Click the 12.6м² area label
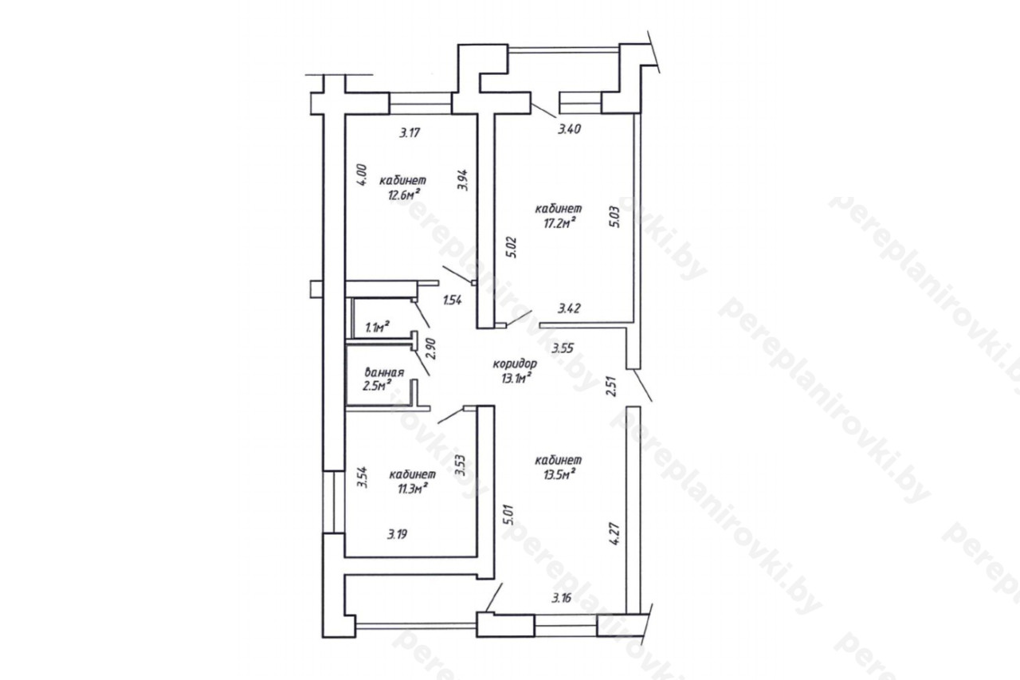coord(403,195)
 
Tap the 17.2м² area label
coord(559,223)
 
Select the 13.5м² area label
coord(559,474)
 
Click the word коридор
coord(515,364)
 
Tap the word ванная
coord(384,372)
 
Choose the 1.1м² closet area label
coord(377,327)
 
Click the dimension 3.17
coord(410,132)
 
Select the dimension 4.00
coord(361,175)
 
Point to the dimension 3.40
coord(569,129)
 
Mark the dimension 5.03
coord(614,218)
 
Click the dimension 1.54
coord(453,300)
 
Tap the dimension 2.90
coord(431,348)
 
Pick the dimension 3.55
coord(563,348)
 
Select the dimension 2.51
coord(611,385)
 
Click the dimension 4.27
coord(614,534)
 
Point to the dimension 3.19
coord(397,534)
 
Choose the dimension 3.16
coord(561,598)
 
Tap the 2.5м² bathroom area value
coord(377,386)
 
